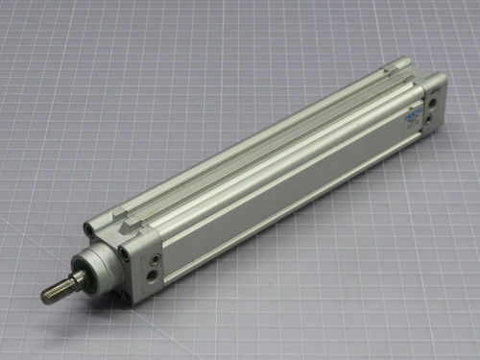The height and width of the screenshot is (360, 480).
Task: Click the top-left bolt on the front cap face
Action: click(88, 231)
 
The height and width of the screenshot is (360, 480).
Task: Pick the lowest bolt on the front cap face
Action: click(126, 295)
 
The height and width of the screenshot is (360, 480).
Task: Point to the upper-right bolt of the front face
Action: click(125, 252)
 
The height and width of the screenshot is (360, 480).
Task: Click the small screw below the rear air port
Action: click(430, 119)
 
